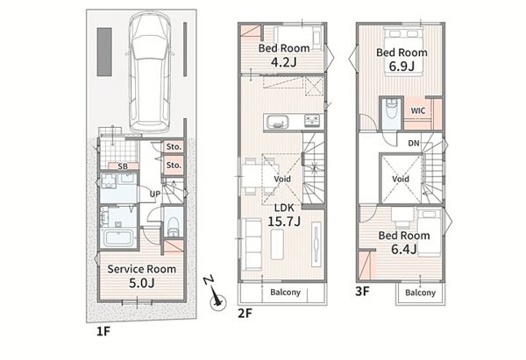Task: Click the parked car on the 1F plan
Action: pos(150,72)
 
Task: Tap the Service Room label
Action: pos(141,269)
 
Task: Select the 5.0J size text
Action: pos(141,283)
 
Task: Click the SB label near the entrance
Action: pos(123,166)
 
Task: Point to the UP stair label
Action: pos(154,194)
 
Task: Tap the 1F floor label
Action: pos(103,331)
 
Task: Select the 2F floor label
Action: pos(245,314)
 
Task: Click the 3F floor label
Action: pos(362,292)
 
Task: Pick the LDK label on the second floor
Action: pos(284,208)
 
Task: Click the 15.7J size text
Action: pos(284,222)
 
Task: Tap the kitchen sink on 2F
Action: pos(278,123)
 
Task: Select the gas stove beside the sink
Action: pos(314,121)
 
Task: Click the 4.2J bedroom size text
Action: pos(284,62)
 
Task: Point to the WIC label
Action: pos(418,110)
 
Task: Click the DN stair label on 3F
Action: pos(414,143)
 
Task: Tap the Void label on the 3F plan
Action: pos(401,179)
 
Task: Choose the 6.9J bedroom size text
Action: pos(402,67)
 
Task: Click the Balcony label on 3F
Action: pos(420,293)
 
